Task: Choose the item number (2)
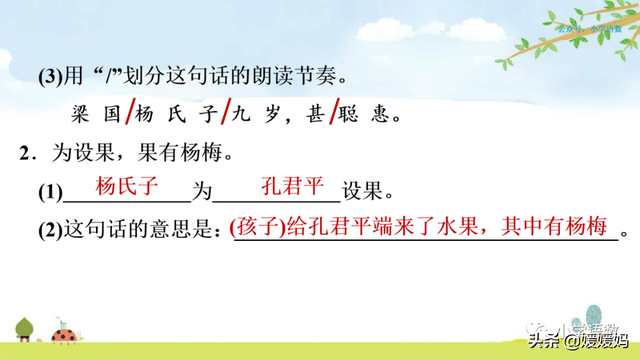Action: pos(49,229)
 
